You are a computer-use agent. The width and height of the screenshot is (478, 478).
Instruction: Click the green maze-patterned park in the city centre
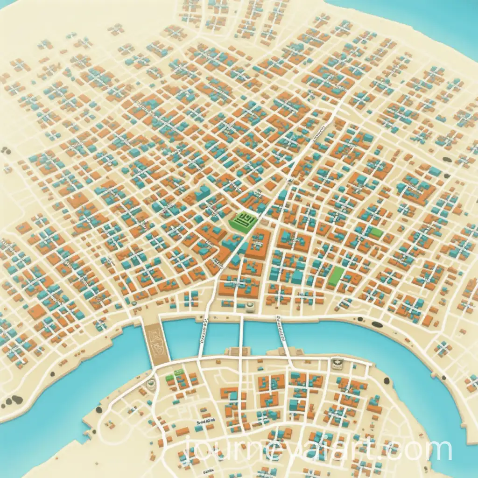pos(245,218)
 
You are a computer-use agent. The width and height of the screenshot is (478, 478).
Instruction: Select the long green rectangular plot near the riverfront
pos(336,276)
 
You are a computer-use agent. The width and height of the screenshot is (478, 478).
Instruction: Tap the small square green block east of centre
pos(376,232)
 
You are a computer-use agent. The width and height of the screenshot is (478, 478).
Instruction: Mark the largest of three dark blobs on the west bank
pos(17,400)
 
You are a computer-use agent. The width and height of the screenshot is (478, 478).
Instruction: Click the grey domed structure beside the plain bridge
pos(251,307)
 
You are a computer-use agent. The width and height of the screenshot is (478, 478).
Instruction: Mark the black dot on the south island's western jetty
pos(99,410)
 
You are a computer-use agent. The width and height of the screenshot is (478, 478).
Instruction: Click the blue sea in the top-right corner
pos(448,19)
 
